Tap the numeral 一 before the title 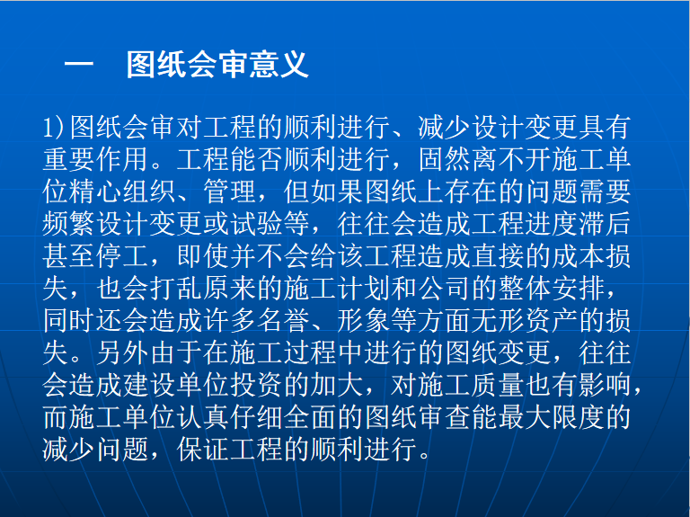[79, 65]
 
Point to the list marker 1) [54, 128]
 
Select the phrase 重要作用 [95, 159]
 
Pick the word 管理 [230, 192]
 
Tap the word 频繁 [69, 224]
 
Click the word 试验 [257, 224]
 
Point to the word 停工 [123, 256]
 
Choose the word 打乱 [176, 289]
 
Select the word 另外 [123, 352]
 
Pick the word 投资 [257, 385]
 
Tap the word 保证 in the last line [203, 450]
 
